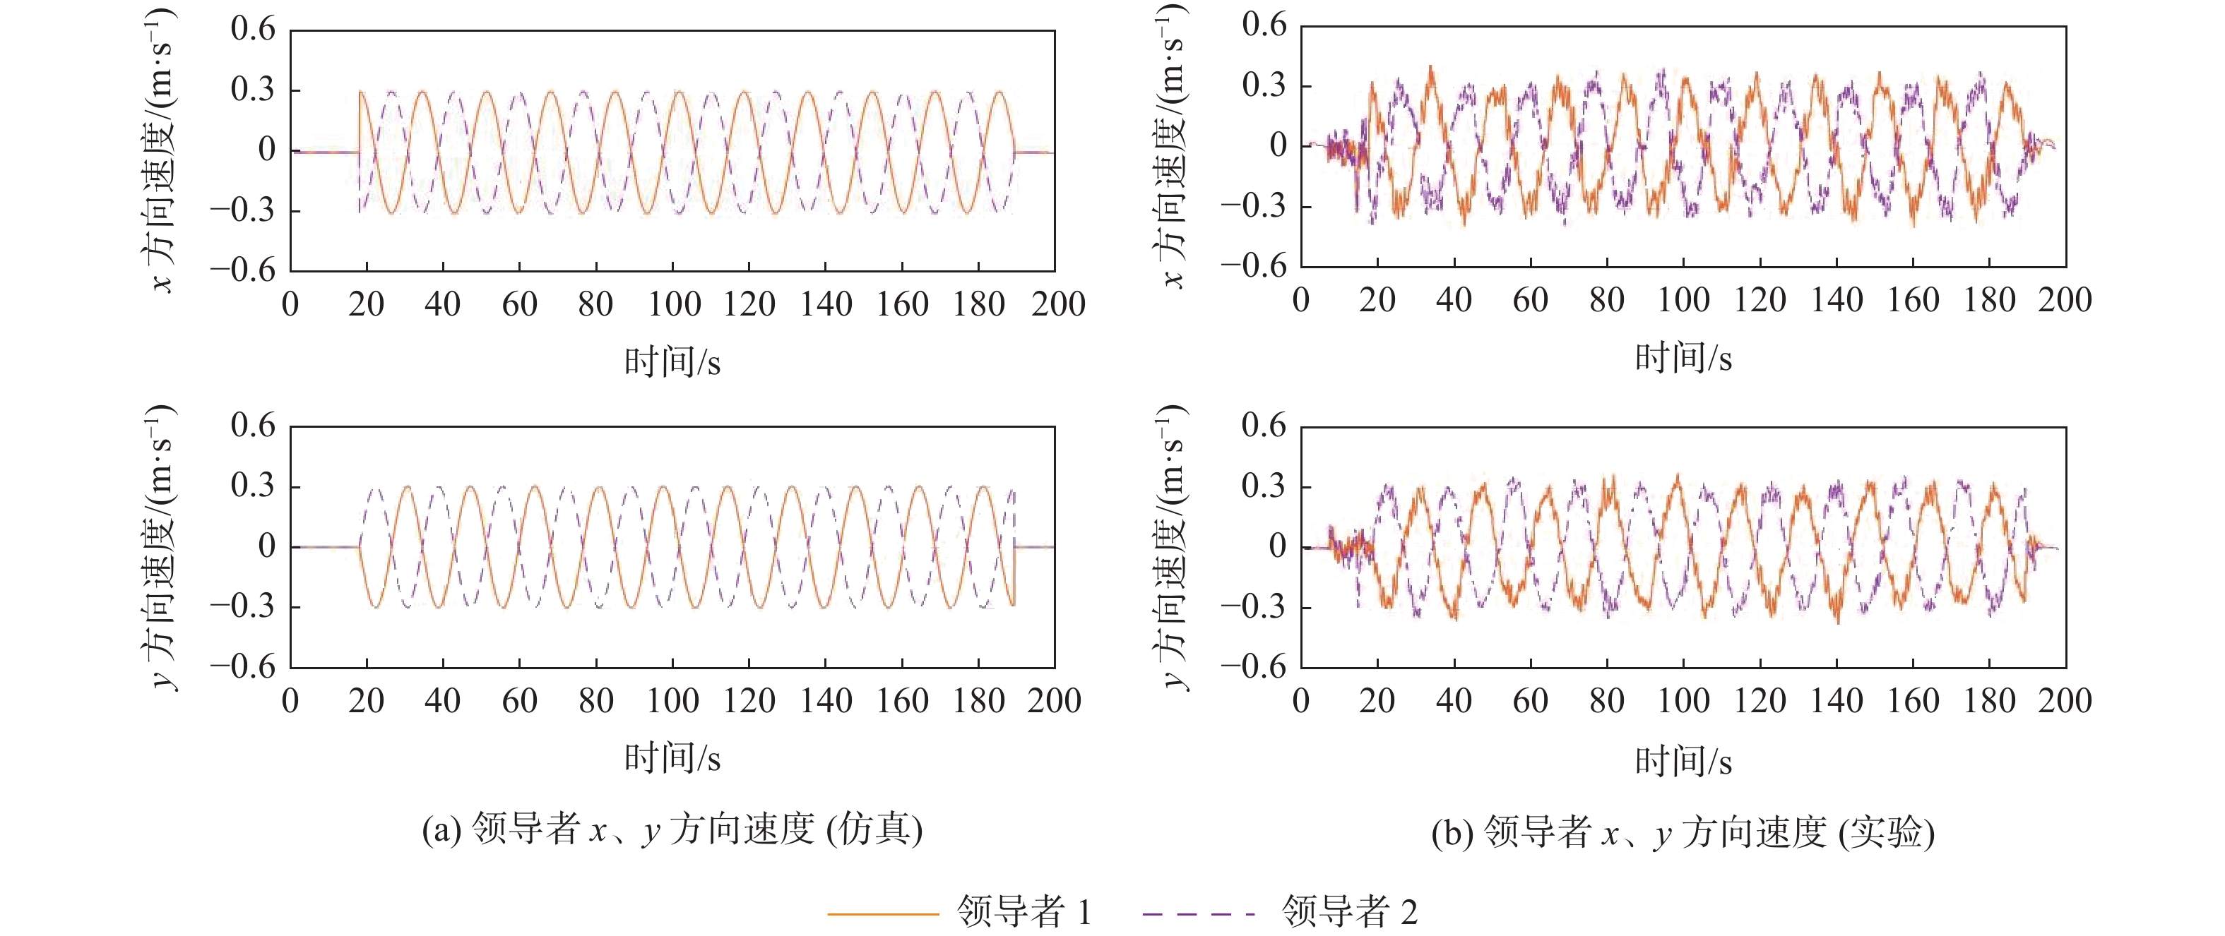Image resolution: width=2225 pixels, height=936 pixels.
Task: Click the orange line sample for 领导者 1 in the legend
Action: (x=882, y=913)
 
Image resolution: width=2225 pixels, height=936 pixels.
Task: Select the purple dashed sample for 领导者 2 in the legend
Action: (x=1198, y=913)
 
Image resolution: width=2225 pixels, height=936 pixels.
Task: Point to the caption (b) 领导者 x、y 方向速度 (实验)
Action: (x=1683, y=832)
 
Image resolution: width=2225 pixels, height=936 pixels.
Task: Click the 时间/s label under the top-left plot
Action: (x=672, y=361)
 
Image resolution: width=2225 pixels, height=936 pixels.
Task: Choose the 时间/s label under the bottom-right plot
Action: (x=1683, y=761)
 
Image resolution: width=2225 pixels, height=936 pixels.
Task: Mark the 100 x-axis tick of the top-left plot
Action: (x=674, y=304)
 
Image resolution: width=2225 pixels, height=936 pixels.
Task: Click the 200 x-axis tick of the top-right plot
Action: (x=2065, y=301)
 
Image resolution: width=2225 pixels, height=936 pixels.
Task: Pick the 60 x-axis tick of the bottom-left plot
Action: (x=520, y=700)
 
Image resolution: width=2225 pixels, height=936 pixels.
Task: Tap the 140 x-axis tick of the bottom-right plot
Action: (x=1837, y=700)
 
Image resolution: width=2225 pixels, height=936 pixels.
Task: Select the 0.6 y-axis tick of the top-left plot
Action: (x=252, y=30)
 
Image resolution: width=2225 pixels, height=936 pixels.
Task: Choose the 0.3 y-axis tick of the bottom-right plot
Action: (x=1264, y=486)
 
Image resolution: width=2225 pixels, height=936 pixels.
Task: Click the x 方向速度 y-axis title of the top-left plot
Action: (x=160, y=151)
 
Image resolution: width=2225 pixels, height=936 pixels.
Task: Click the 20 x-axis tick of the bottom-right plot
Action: (x=1377, y=700)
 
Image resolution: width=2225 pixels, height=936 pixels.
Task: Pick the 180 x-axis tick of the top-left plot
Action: (x=978, y=304)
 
